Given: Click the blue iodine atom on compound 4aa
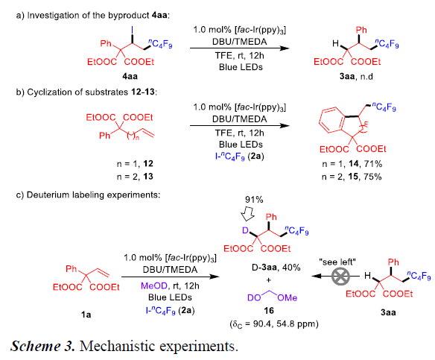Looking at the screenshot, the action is click(x=132, y=30).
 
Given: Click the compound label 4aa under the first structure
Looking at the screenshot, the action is click(x=130, y=76).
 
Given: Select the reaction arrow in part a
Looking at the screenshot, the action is click(x=240, y=48).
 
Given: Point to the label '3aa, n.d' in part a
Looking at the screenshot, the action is click(x=356, y=76).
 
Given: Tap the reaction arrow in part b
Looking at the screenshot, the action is click(x=240, y=125).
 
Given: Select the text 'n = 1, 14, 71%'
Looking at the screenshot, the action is click(x=352, y=164).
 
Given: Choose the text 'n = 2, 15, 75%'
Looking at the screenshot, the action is click(x=352, y=177).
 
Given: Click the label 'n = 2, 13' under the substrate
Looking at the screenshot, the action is click(x=135, y=177).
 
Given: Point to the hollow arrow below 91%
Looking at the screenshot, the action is click(x=247, y=213).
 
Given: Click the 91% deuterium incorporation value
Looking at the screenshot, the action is click(x=254, y=200).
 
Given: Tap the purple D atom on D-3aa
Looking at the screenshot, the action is click(x=245, y=230).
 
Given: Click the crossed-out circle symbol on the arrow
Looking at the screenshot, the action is click(x=340, y=277).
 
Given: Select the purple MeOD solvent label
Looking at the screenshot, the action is click(x=154, y=286).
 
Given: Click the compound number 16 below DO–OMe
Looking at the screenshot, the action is click(x=269, y=310).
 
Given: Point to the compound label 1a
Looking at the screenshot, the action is click(x=86, y=315).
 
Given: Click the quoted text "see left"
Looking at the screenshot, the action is click(x=337, y=262).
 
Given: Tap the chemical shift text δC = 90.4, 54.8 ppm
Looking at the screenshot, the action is click(x=274, y=324).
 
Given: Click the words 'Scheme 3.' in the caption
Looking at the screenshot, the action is click(x=42, y=346).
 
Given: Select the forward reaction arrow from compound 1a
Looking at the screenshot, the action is click(x=171, y=277).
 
